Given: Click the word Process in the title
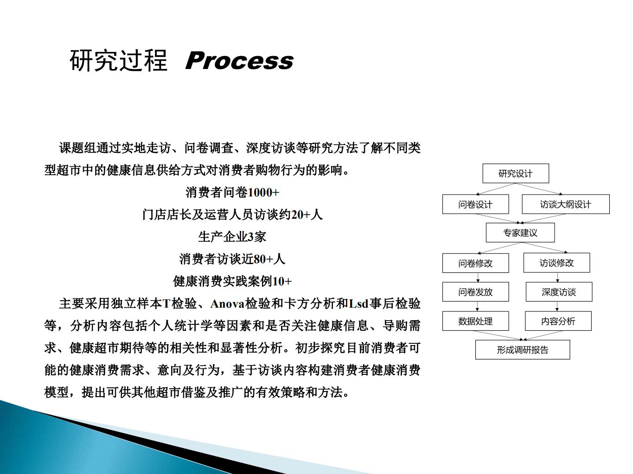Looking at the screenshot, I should coord(239,61).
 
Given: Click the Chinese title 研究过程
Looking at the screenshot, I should coord(118,61).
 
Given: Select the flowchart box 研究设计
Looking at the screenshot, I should coord(515,174).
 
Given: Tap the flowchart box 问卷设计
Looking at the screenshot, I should coord(475,204).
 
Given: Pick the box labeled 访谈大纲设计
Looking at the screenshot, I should coord(565,204).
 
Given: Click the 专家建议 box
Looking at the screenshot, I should coord(520,233).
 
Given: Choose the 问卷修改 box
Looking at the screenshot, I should coord(475,263).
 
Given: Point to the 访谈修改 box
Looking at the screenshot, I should coord(556,263).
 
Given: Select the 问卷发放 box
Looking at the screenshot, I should coord(475,292).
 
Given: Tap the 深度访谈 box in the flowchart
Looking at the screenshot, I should coord(559,292).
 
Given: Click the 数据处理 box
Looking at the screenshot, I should coord(475,321).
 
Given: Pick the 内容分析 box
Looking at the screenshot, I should coord(558,321).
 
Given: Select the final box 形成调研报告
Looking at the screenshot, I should coord(522,350).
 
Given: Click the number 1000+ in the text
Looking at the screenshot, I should coord(263,192).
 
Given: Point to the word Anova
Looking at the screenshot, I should coord(227,304).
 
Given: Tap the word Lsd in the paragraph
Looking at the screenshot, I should coord(358,304).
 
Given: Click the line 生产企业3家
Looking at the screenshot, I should coord(232,237).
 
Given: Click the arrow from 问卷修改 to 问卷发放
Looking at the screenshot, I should coord(478,278).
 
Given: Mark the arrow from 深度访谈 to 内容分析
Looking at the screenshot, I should coord(557,306).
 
